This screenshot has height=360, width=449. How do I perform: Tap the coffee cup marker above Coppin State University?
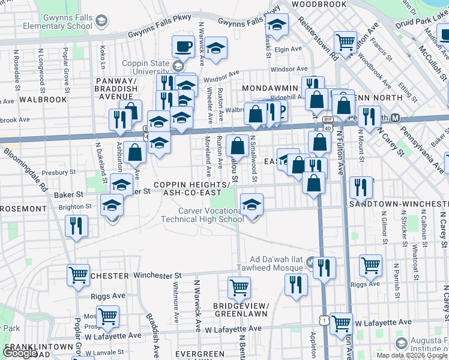[x=182, y=46]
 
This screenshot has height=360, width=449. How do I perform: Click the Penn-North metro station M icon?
[x=396, y=117]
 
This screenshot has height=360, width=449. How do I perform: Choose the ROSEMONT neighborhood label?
[x=23, y=209]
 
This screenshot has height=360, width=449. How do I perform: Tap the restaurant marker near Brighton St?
[x=76, y=226]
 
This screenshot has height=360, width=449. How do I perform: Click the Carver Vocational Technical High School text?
[x=202, y=215]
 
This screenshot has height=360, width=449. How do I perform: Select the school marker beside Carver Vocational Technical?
[x=252, y=205]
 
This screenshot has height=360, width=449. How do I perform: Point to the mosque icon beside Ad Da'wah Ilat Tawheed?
[x=310, y=262]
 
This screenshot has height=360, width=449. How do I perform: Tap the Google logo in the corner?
[x=20, y=353]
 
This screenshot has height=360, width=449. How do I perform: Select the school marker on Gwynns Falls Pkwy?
[x=277, y=25]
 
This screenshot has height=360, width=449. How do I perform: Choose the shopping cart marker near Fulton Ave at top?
[x=345, y=42]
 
